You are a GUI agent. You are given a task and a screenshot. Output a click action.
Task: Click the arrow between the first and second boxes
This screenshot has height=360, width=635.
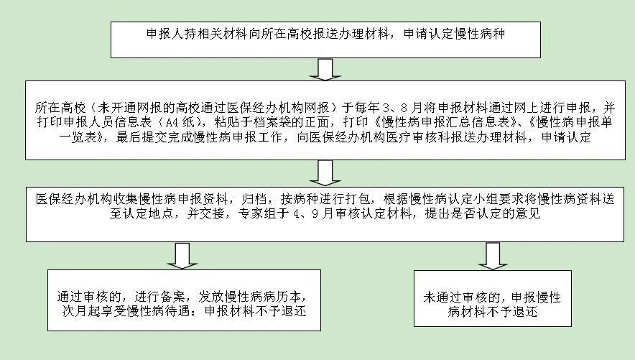(x=325, y=69)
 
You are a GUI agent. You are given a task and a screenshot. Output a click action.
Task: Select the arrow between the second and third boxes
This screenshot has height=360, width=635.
(x=325, y=173)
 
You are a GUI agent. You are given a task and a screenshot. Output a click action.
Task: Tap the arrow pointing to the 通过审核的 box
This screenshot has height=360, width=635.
(x=182, y=256)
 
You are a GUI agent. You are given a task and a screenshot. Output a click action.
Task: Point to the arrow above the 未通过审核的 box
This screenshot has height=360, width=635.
(x=493, y=256)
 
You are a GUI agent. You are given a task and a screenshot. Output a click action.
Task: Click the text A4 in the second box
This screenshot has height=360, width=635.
(x=172, y=122)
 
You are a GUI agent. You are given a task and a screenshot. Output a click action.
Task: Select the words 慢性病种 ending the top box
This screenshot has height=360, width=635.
(x=480, y=33)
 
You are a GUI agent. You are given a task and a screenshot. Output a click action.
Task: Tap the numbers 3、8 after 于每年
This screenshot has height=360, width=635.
(x=394, y=108)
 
